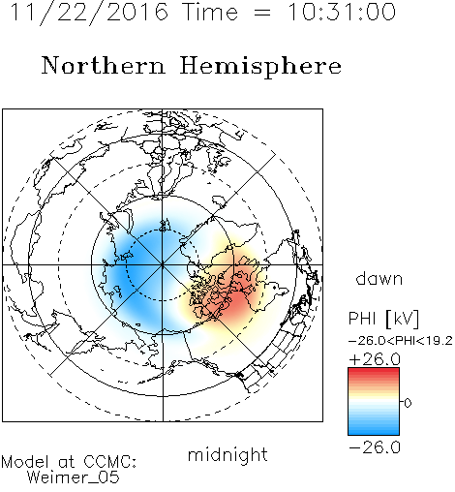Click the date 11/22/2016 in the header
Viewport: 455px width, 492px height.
tap(89, 13)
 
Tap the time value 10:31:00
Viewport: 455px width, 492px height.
tap(342, 12)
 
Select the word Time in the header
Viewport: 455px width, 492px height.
tap(210, 12)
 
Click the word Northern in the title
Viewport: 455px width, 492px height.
tap(104, 65)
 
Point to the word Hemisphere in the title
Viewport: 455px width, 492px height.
tap(260, 67)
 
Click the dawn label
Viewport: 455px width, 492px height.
tap(379, 278)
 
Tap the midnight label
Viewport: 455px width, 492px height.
tap(227, 455)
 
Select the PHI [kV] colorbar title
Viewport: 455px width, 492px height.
tap(383, 319)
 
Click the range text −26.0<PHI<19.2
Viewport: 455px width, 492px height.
tap(401, 341)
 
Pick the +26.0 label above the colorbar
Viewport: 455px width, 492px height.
tap(375, 359)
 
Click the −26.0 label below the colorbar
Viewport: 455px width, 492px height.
tap(375, 447)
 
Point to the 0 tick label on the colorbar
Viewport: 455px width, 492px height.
tap(408, 403)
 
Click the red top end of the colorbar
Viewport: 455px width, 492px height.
tap(374, 371)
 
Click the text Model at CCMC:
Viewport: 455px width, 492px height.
tap(69, 462)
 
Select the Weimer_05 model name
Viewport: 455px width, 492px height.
tap(74, 477)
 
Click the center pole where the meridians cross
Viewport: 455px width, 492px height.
tap(163, 264)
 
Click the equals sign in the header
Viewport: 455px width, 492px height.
tap(262, 13)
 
